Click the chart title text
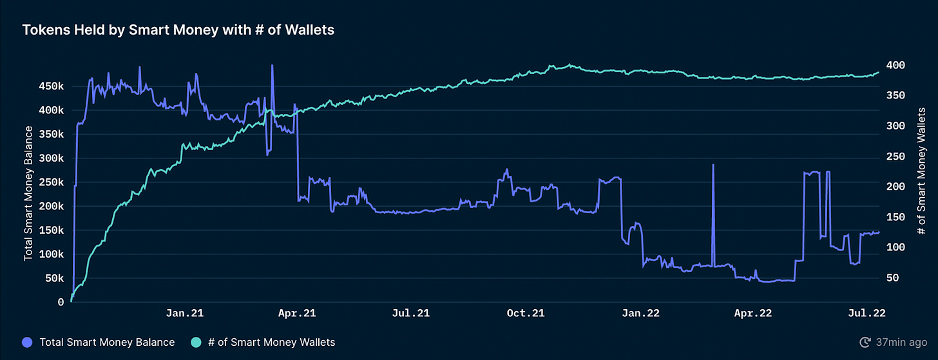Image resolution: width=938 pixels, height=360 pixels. pos(178,30)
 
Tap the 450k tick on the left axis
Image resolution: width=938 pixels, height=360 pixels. pos(52,86)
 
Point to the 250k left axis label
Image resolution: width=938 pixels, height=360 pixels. pos(52,182)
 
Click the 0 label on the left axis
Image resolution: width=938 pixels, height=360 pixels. pos(61,302)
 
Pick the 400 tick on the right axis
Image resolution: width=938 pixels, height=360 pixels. pos(896,65)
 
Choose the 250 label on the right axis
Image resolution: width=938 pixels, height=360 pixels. pos(896,156)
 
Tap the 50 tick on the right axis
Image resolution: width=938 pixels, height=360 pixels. pos(894,278)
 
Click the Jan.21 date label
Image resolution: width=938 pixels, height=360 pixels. pos(186,314)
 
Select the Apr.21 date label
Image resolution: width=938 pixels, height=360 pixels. pos(297,314)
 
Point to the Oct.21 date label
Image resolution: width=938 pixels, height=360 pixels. pos(526,314)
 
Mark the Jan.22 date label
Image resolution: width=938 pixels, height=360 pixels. pos(640,314)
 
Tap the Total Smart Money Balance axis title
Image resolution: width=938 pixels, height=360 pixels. pos(28,193)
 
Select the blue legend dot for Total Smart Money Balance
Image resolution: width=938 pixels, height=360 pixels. pos(28,342)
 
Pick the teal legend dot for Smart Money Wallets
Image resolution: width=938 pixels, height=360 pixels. pos(196,342)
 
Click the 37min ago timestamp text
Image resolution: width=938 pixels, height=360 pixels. pos(902,342)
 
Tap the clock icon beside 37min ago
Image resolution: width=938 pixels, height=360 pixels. pos(865,342)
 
